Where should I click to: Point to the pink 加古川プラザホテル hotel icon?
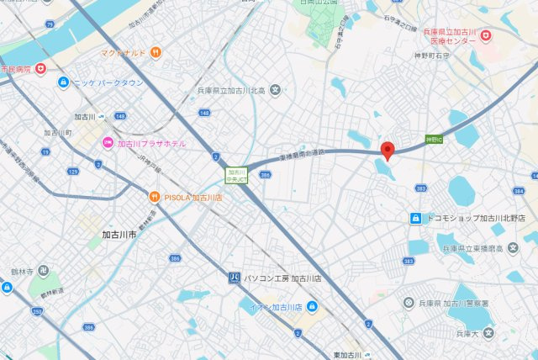click(108, 144)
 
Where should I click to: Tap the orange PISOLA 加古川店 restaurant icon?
click(155, 197)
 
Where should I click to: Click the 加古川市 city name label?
click(119, 235)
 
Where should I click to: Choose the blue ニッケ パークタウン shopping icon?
click(63, 82)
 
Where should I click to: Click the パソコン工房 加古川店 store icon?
click(235, 277)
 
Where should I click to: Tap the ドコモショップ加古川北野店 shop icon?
click(414, 218)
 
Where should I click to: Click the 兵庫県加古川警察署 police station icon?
click(409, 303)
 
